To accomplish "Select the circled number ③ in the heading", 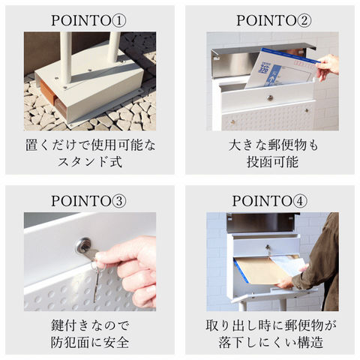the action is (x=118, y=201).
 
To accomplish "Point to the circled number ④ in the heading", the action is (x=300, y=201).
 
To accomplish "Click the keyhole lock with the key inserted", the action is (x=84, y=245).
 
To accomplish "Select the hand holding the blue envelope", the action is (x=328, y=67).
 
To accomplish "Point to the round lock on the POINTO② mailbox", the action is (x=270, y=97).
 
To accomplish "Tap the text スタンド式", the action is (x=90, y=162).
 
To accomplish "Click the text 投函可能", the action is (x=272, y=162).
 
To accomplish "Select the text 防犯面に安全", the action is (x=90, y=342).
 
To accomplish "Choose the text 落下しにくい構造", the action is (x=271, y=342).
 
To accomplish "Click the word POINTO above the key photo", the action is (x=80, y=201).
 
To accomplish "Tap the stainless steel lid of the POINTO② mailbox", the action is (x=262, y=58).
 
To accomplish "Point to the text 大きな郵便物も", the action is (x=273, y=145).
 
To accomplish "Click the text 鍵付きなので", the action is (x=90, y=325).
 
